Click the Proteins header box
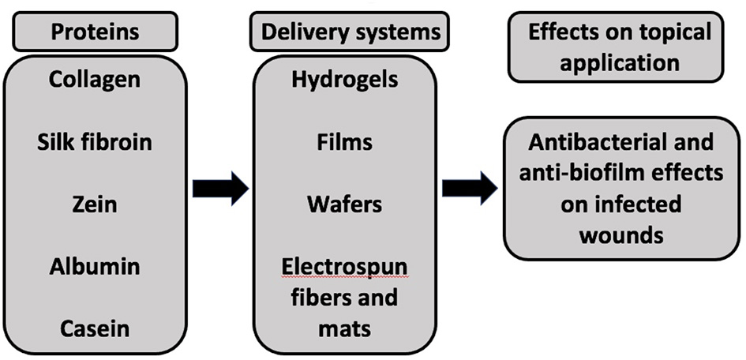pyautogui.click(x=95, y=32)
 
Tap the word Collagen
pyautogui.click(x=95, y=79)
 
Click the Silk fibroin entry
pyautogui.click(x=95, y=142)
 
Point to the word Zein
pyautogui.click(x=95, y=204)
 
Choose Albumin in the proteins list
pyautogui.click(x=95, y=267)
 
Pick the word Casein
pyautogui.click(x=95, y=328)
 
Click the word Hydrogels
pyautogui.click(x=344, y=79)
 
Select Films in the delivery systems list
pyautogui.click(x=344, y=142)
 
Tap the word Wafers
pyautogui.click(x=344, y=204)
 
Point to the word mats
pyautogui.click(x=344, y=328)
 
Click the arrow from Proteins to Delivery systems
pyautogui.click(x=220, y=188)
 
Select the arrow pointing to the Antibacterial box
pyautogui.click(x=470, y=188)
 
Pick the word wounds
pyautogui.click(x=620, y=234)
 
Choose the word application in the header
pyautogui.click(x=620, y=62)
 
